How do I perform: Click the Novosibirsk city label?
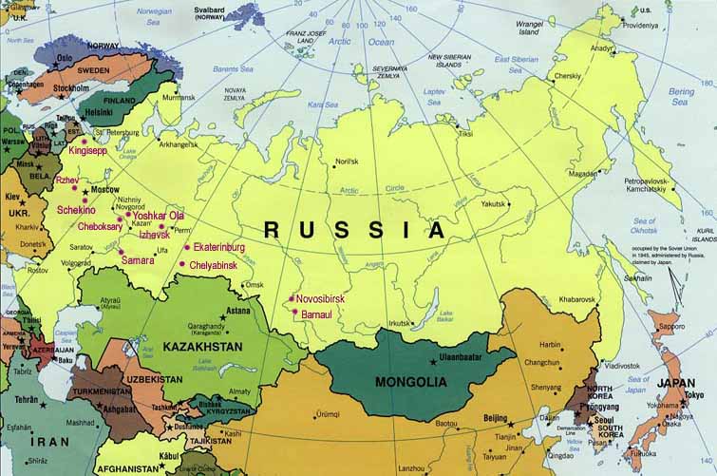pos(320,298)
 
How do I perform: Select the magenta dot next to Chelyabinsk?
pos(181,264)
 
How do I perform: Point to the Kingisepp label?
pos(87,150)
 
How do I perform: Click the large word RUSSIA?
pos(353,229)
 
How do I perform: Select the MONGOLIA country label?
pos(410,381)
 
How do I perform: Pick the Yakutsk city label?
pos(494,203)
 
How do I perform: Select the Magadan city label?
pos(582,174)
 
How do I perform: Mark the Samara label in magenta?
pos(138,259)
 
